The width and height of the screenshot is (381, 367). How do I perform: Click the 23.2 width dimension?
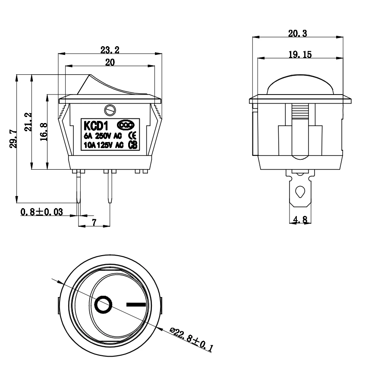pyautogui.click(x=110, y=50)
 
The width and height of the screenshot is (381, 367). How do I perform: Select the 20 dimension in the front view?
pyautogui.click(x=110, y=62)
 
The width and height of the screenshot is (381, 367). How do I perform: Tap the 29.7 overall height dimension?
pyautogui.click(x=13, y=138)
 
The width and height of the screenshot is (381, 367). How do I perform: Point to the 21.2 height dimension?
pyautogui.click(x=28, y=122)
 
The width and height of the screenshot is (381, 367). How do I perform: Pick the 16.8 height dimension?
pyautogui.click(x=43, y=130)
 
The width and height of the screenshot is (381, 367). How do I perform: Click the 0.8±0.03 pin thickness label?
pyautogui.click(x=41, y=212)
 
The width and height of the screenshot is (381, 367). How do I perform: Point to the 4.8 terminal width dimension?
pyautogui.click(x=300, y=220)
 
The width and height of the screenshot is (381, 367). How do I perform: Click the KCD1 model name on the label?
pyautogui.click(x=95, y=126)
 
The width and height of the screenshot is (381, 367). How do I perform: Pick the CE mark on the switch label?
pyautogui.click(x=133, y=135)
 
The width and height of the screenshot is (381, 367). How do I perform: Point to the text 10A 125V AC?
pyautogui.click(x=104, y=145)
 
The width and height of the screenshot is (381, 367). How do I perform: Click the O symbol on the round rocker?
pyautogui.click(x=104, y=305)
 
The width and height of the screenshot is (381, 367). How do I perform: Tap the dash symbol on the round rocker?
pyautogui.click(x=136, y=304)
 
